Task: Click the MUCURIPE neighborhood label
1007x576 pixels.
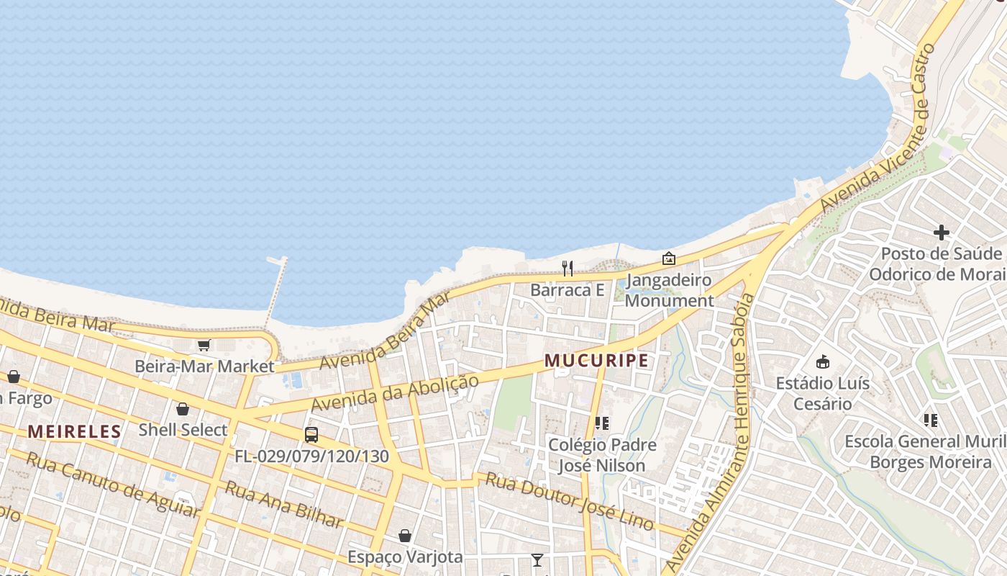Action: coord(596,360)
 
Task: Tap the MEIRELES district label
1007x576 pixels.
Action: coord(74,432)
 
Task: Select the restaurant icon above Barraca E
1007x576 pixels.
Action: coord(568,269)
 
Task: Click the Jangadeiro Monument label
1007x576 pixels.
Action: coord(669,290)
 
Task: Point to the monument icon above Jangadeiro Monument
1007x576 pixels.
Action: coord(669,258)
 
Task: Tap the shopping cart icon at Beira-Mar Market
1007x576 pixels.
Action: coord(204,346)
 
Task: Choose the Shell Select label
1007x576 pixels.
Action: coord(183,430)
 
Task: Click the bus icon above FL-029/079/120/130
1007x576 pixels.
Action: coord(311,434)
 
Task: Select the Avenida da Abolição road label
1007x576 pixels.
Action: coord(394,393)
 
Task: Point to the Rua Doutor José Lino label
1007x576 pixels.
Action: coord(570,501)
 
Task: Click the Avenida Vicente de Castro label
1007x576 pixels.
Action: coord(879,128)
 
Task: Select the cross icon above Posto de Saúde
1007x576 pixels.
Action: coord(941,232)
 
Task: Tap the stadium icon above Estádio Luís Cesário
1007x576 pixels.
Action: coord(823,361)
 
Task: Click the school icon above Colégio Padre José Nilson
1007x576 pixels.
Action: coord(602,423)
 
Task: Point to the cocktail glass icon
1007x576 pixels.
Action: coord(537,559)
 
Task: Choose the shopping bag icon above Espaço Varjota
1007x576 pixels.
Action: coord(405,536)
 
